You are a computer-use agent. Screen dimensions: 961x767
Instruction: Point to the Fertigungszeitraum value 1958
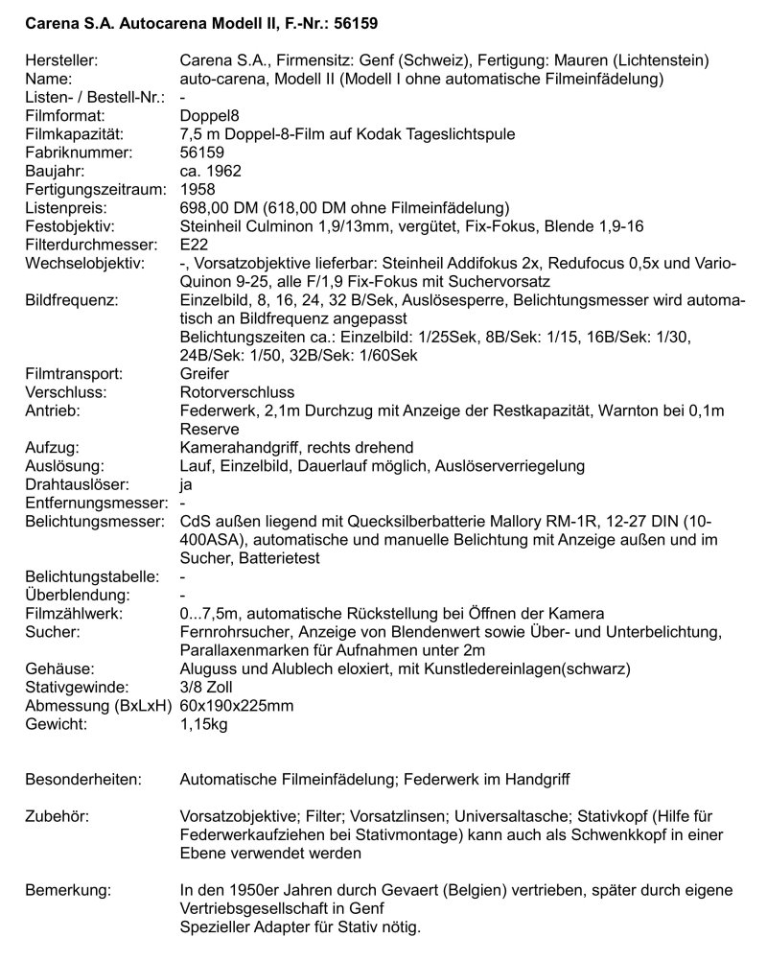tap(198, 189)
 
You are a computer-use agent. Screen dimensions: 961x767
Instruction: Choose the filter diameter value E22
tap(195, 244)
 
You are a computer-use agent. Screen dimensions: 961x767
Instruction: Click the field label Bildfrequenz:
tap(70, 299)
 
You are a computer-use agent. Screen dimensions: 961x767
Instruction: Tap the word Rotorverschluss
tap(237, 391)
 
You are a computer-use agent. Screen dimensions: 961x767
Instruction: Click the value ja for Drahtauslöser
tap(186, 483)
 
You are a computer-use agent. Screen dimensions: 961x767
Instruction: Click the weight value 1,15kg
tap(204, 723)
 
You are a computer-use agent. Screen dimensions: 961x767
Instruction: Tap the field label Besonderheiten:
tap(82, 779)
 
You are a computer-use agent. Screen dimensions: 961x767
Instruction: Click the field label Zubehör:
tap(57, 815)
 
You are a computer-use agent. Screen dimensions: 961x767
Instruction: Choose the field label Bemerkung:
tap(66, 889)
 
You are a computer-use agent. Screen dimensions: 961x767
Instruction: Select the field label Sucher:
tap(49, 631)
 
